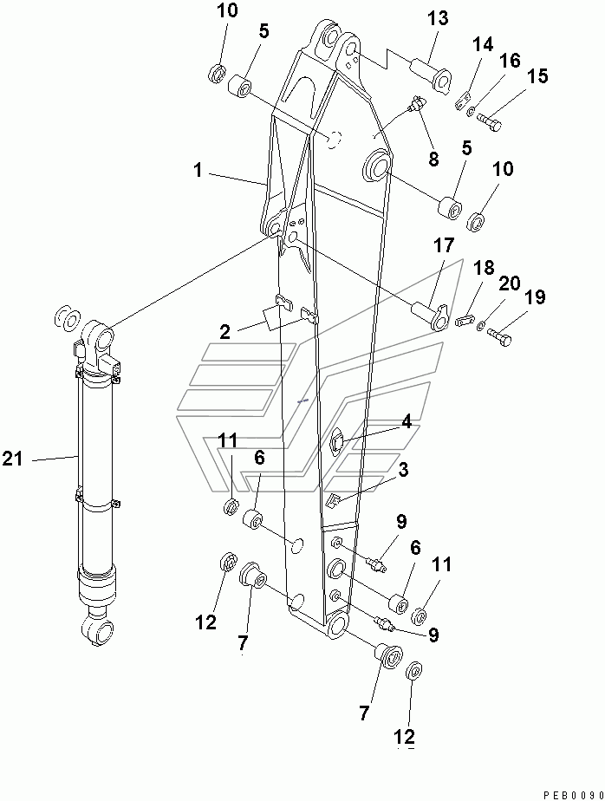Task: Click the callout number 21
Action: point(13,460)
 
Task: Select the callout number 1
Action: point(198,172)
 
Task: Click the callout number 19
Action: point(535,298)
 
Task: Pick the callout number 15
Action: point(537,77)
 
